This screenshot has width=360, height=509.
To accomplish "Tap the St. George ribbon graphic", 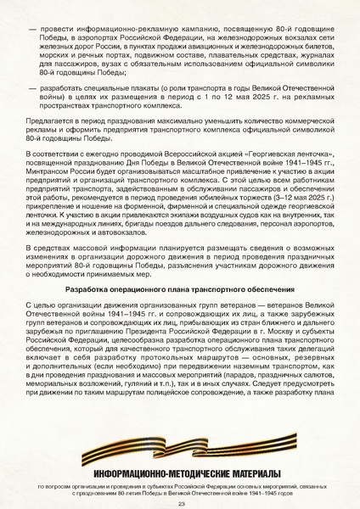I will (x=180, y=440).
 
